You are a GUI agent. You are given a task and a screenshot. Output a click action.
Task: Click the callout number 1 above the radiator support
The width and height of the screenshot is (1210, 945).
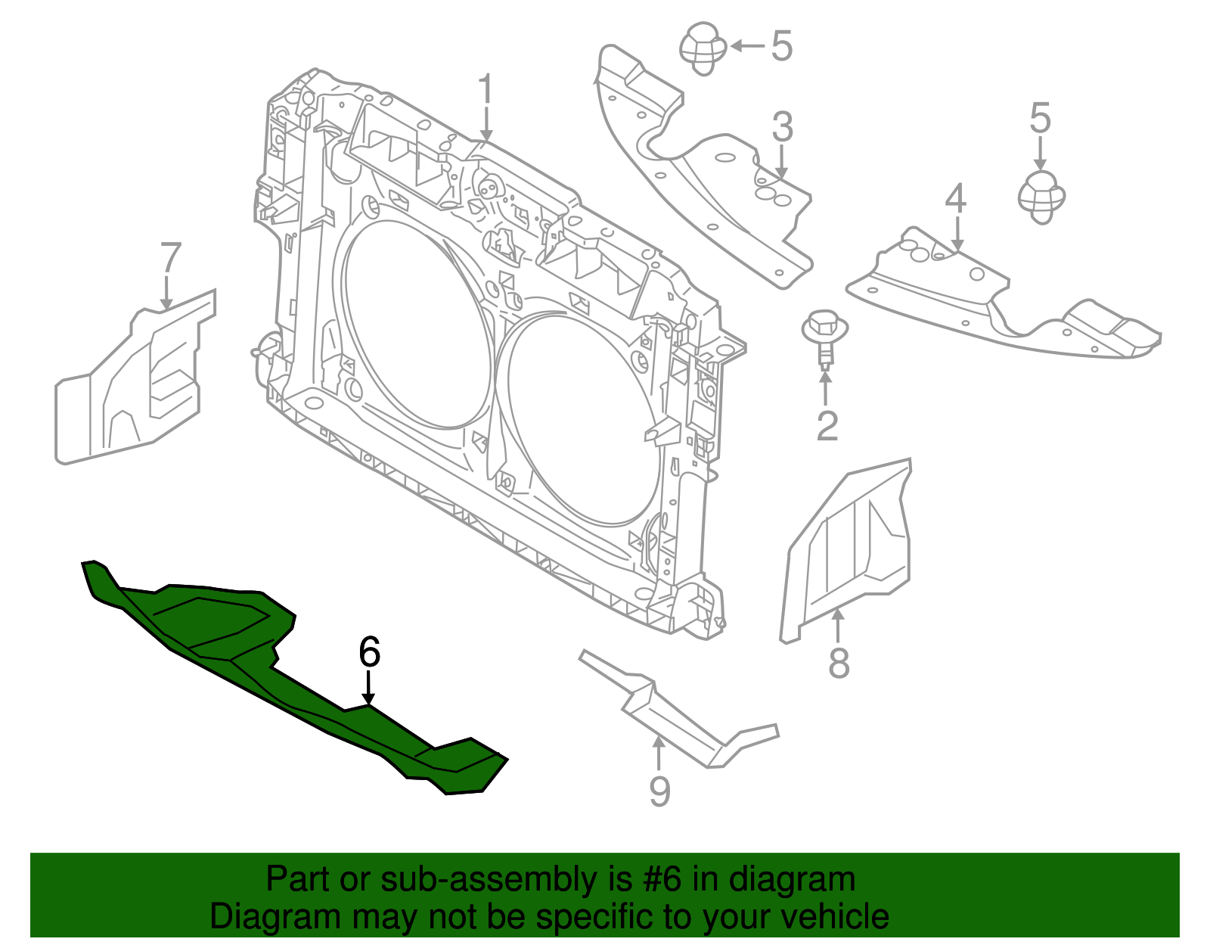pos(485,91)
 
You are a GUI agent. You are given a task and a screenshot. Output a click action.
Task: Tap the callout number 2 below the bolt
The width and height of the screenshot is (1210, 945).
pos(827,426)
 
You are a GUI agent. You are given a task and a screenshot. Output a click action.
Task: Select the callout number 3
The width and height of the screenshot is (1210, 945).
pos(782,127)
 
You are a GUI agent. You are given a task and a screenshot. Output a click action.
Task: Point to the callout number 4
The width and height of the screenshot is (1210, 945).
pos(956,198)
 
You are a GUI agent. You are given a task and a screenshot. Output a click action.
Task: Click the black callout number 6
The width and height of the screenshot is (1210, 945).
pos(369,651)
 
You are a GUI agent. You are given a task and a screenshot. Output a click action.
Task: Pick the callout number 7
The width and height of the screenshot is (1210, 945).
pos(171,258)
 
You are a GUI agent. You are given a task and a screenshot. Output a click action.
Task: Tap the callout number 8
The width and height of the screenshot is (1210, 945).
pos(839,664)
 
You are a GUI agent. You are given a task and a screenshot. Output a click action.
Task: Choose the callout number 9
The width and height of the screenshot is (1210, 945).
pos(659,791)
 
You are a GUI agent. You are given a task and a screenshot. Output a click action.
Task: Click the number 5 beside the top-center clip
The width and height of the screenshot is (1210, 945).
pos(782,46)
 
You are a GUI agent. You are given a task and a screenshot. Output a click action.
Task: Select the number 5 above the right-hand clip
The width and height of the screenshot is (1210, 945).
pos(1041,119)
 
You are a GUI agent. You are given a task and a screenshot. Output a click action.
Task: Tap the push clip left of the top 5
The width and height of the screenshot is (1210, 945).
pos(703,48)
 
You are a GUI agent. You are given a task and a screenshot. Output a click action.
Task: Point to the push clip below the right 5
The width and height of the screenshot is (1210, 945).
pos(1041,197)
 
